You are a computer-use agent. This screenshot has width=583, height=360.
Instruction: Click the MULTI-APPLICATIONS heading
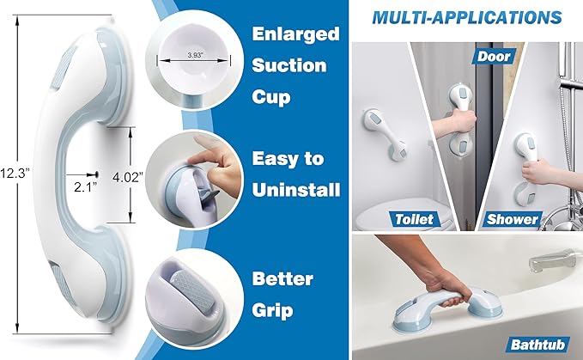click(468, 17)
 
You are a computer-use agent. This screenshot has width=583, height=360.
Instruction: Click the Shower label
click(513, 218)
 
